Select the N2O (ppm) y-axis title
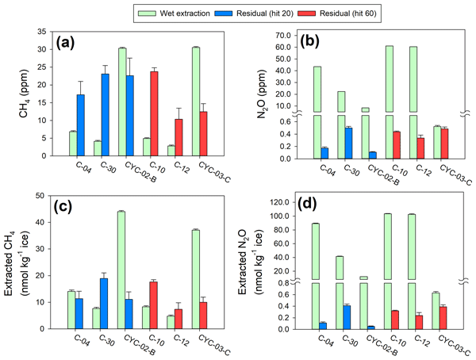256,95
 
